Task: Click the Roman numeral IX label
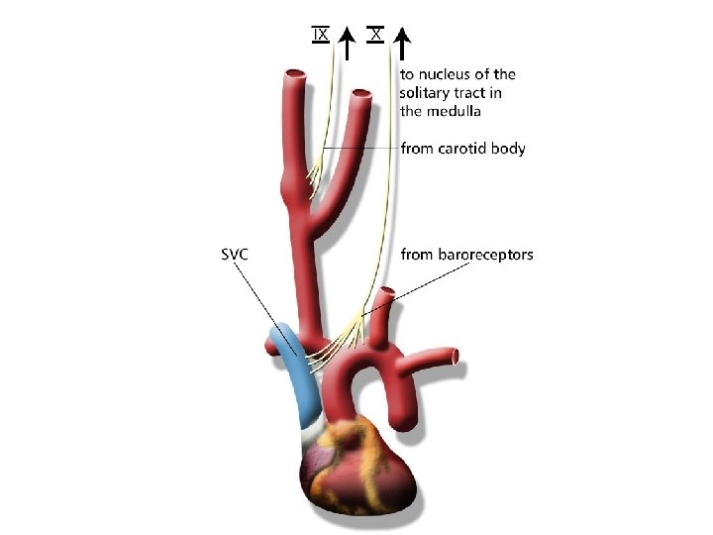[320, 35]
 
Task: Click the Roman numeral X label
[375, 35]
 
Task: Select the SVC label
[234, 255]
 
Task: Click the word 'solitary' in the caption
[427, 92]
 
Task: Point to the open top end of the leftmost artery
[296, 75]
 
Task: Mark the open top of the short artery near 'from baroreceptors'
[388, 292]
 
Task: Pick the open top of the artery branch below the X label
[362, 97]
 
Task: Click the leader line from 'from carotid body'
[356, 149]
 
